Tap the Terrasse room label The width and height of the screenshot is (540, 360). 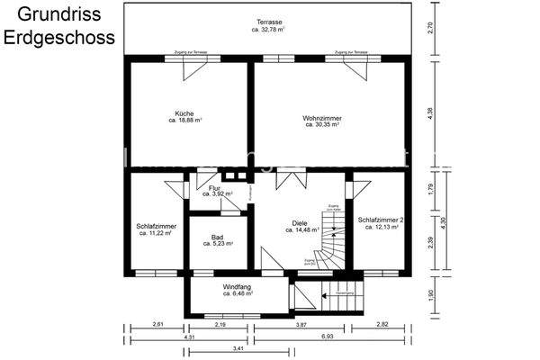pyautogui.click(x=268, y=22)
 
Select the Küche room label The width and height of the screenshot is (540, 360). pyautogui.click(x=184, y=113)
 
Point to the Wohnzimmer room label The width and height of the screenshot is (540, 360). pyautogui.click(x=321, y=118)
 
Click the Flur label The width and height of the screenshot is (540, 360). pyautogui.click(x=214, y=187)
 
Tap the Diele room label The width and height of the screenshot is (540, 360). pyautogui.click(x=300, y=223)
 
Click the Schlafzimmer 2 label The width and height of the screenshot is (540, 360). pyautogui.click(x=381, y=220)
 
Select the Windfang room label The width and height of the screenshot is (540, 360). pyautogui.click(x=238, y=287)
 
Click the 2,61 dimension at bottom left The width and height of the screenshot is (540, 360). pyautogui.click(x=157, y=323)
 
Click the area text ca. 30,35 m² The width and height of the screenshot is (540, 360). pyautogui.click(x=321, y=125)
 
